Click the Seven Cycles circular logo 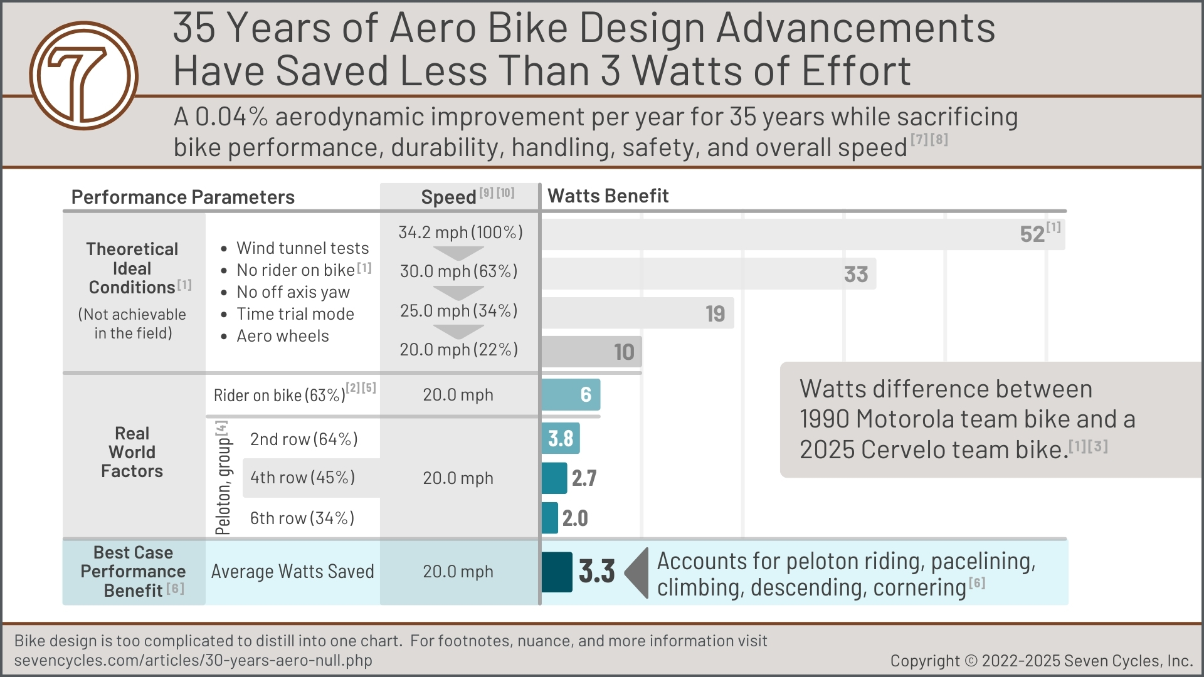[83, 76]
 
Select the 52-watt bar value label [1032, 234]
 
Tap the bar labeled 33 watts [709, 274]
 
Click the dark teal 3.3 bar [557, 572]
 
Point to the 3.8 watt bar [561, 439]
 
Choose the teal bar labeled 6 [571, 395]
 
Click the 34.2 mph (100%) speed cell [460, 233]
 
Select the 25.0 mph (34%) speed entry [459, 311]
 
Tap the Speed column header [449, 197]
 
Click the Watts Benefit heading [608, 196]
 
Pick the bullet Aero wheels [282, 336]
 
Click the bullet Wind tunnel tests [302, 248]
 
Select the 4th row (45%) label [302, 478]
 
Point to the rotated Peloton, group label [223, 478]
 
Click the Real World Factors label [132, 452]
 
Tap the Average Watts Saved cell [292, 572]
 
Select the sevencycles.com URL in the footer [193, 661]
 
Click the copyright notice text [1041, 661]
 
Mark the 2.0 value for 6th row [575, 518]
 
